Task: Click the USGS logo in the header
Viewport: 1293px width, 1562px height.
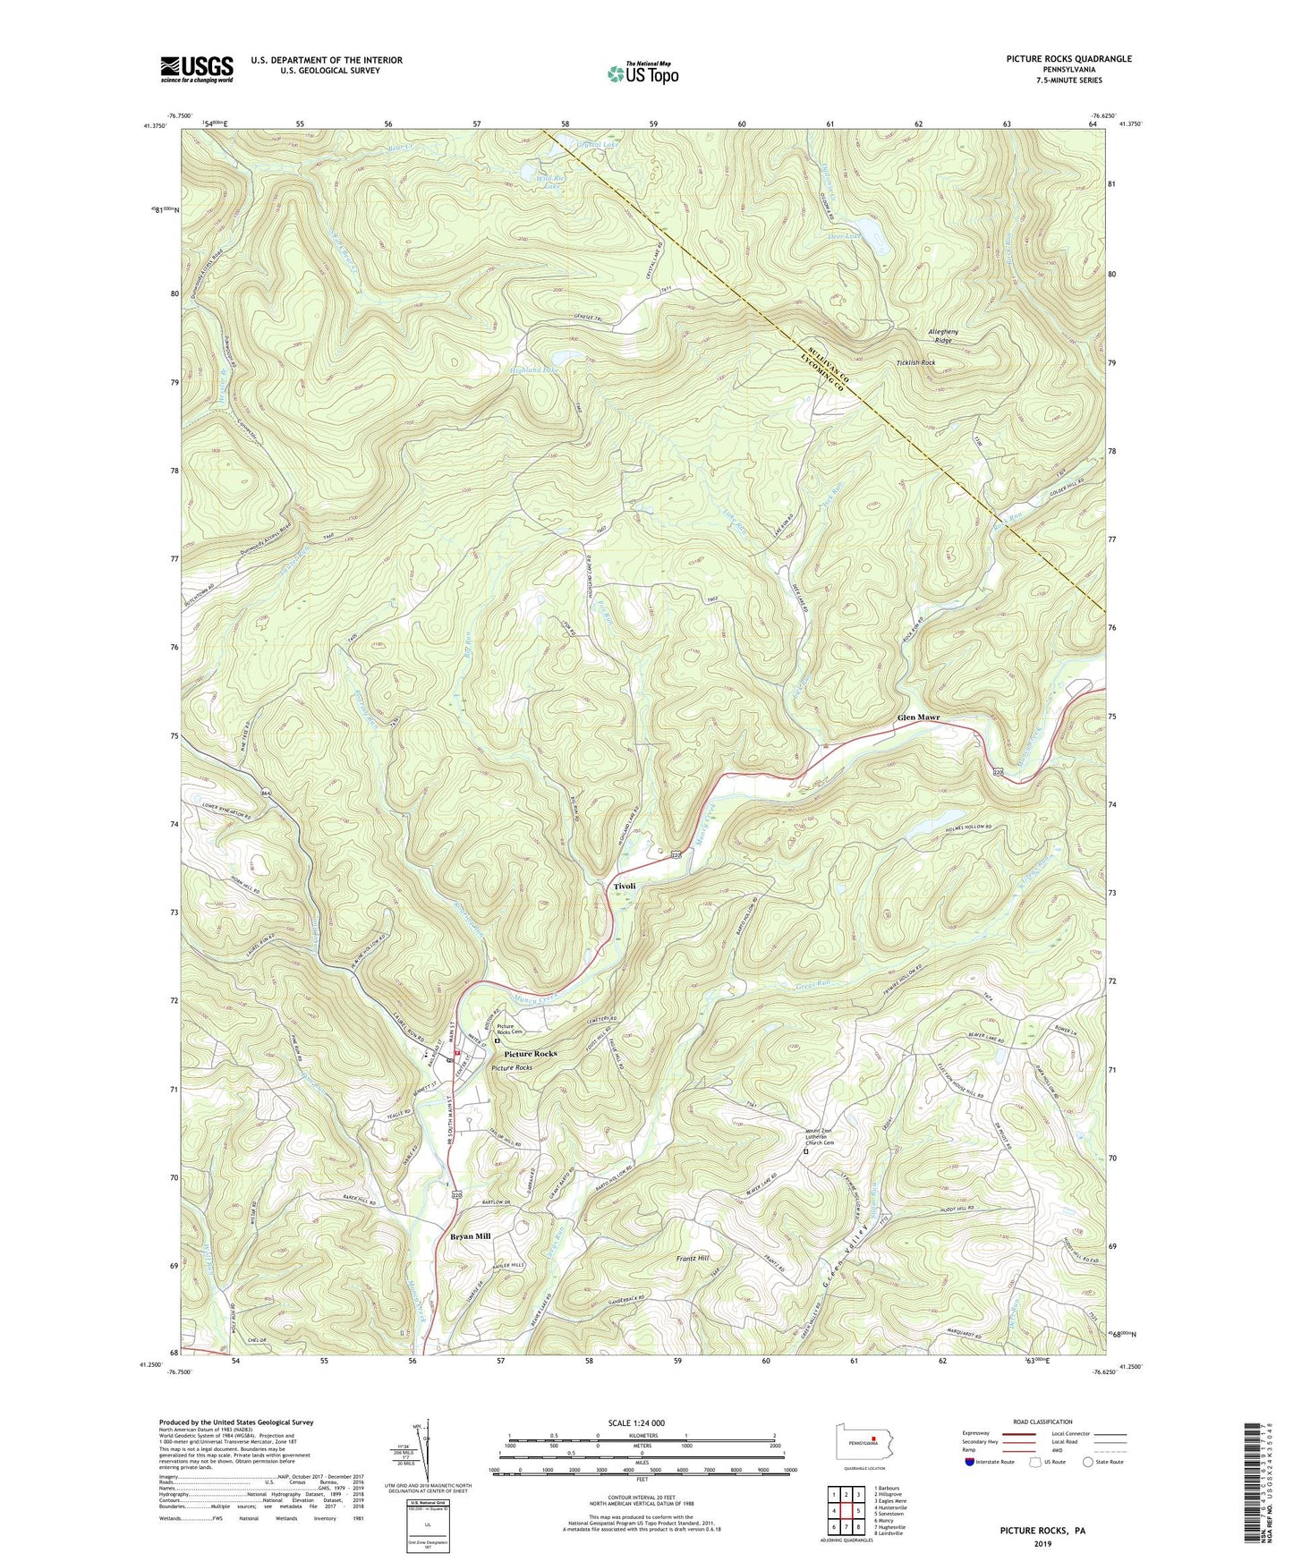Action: pos(197,69)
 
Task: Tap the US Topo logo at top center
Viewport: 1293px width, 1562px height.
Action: pos(642,73)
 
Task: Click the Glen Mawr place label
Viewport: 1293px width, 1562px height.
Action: pos(923,718)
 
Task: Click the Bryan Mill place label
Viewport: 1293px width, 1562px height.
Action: pos(470,1235)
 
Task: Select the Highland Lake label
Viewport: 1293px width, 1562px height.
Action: pos(534,369)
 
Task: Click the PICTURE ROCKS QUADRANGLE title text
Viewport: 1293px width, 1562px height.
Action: pos(1068,59)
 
